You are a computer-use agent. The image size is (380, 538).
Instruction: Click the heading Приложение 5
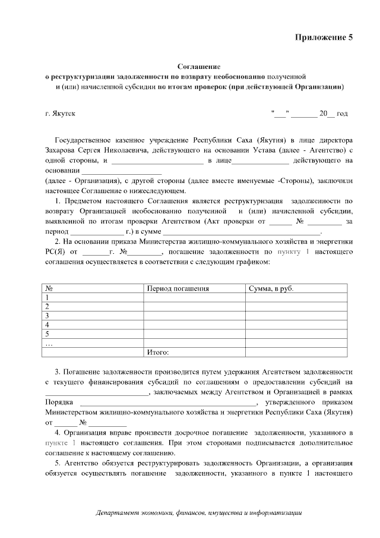pyautogui.click(x=324, y=37)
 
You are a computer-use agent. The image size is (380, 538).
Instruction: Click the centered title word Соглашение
pyautogui.click(x=199, y=67)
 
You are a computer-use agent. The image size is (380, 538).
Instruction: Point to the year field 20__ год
pyautogui.click(x=334, y=113)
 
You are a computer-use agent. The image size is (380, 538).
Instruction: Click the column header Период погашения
pyautogui.click(x=178, y=288)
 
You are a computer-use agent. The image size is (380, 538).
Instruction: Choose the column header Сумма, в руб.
pyautogui.click(x=271, y=288)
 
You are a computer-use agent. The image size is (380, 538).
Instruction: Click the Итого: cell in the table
pyautogui.click(x=158, y=353)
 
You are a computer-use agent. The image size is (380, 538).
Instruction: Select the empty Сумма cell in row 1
pyautogui.click(x=296, y=297)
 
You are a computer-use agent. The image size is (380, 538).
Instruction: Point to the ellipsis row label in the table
pyautogui.click(x=49, y=343)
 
